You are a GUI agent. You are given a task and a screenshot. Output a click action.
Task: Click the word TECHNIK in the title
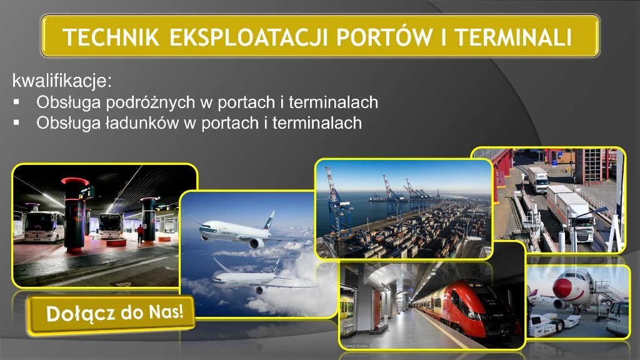[x=111, y=37]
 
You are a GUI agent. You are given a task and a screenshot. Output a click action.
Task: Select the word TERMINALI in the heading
[x=513, y=37]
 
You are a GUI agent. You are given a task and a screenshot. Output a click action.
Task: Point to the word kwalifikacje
[x=62, y=81]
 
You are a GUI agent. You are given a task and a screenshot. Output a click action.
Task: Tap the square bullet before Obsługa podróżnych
[x=16, y=102]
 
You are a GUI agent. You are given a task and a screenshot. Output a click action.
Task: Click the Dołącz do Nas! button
[x=111, y=314]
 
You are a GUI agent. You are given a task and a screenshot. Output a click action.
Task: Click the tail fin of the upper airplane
[x=269, y=221]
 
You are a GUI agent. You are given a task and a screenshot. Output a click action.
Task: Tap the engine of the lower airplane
[x=259, y=290]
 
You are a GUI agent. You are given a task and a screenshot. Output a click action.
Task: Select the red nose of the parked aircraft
[x=562, y=287]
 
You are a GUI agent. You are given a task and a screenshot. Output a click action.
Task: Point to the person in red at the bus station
[x=141, y=234]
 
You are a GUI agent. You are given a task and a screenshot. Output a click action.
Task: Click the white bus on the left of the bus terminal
[x=44, y=226]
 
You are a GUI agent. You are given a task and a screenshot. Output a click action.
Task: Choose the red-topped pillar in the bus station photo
[x=75, y=214]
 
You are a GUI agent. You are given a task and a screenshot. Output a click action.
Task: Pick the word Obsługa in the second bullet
[x=68, y=123]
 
